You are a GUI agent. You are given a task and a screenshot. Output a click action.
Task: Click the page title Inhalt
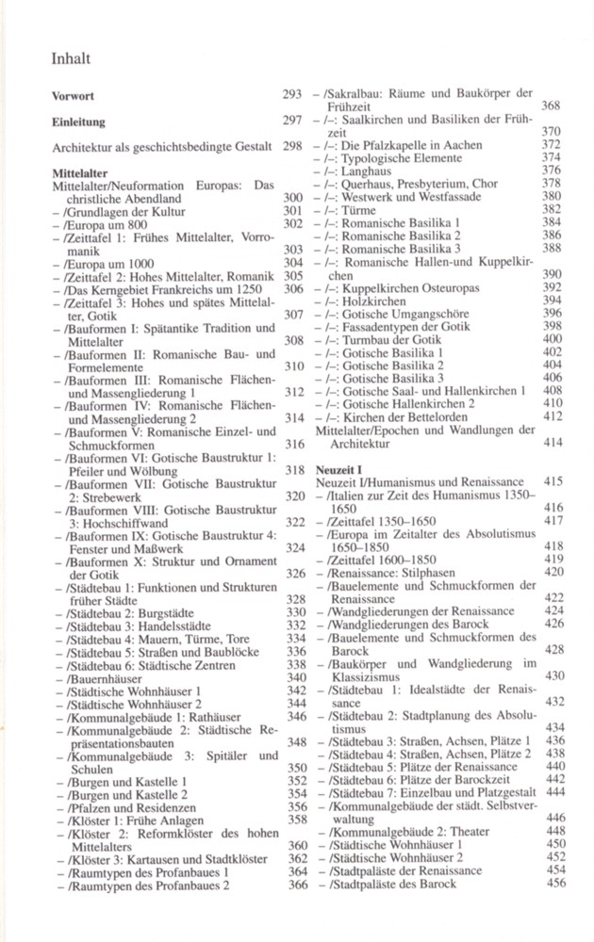pos(71,59)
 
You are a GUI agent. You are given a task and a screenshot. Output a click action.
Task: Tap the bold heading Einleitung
pos(78,122)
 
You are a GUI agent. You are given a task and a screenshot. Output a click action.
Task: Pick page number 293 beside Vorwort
pos(291,95)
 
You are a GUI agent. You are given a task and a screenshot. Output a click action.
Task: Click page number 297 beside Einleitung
pos(291,122)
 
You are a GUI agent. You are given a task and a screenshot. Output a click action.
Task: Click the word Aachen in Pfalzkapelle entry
pos(462,145)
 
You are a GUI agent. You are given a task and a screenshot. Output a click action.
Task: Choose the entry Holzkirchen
pos(373,299)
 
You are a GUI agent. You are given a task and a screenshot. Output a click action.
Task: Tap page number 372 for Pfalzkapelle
pos(554,145)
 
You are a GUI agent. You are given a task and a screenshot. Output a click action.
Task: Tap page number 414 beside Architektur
pos(554,441)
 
